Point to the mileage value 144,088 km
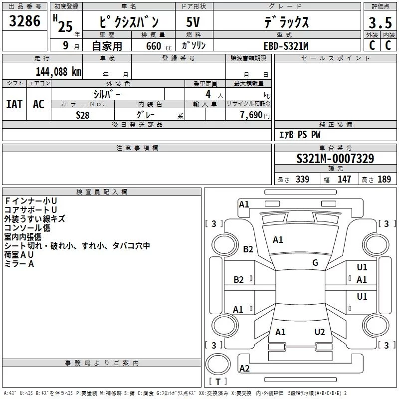coord(58,71)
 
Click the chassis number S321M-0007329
coord(335,159)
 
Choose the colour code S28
coord(83,115)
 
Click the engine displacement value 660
coord(153,46)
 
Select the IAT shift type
coord(14,104)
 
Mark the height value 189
coord(384,180)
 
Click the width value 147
coord(344,180)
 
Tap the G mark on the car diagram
coord(315,263)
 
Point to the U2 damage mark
coord(320,332)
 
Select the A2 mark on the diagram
coord(244,369)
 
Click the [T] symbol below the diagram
coord(217,382)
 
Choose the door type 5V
coord(193,22)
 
